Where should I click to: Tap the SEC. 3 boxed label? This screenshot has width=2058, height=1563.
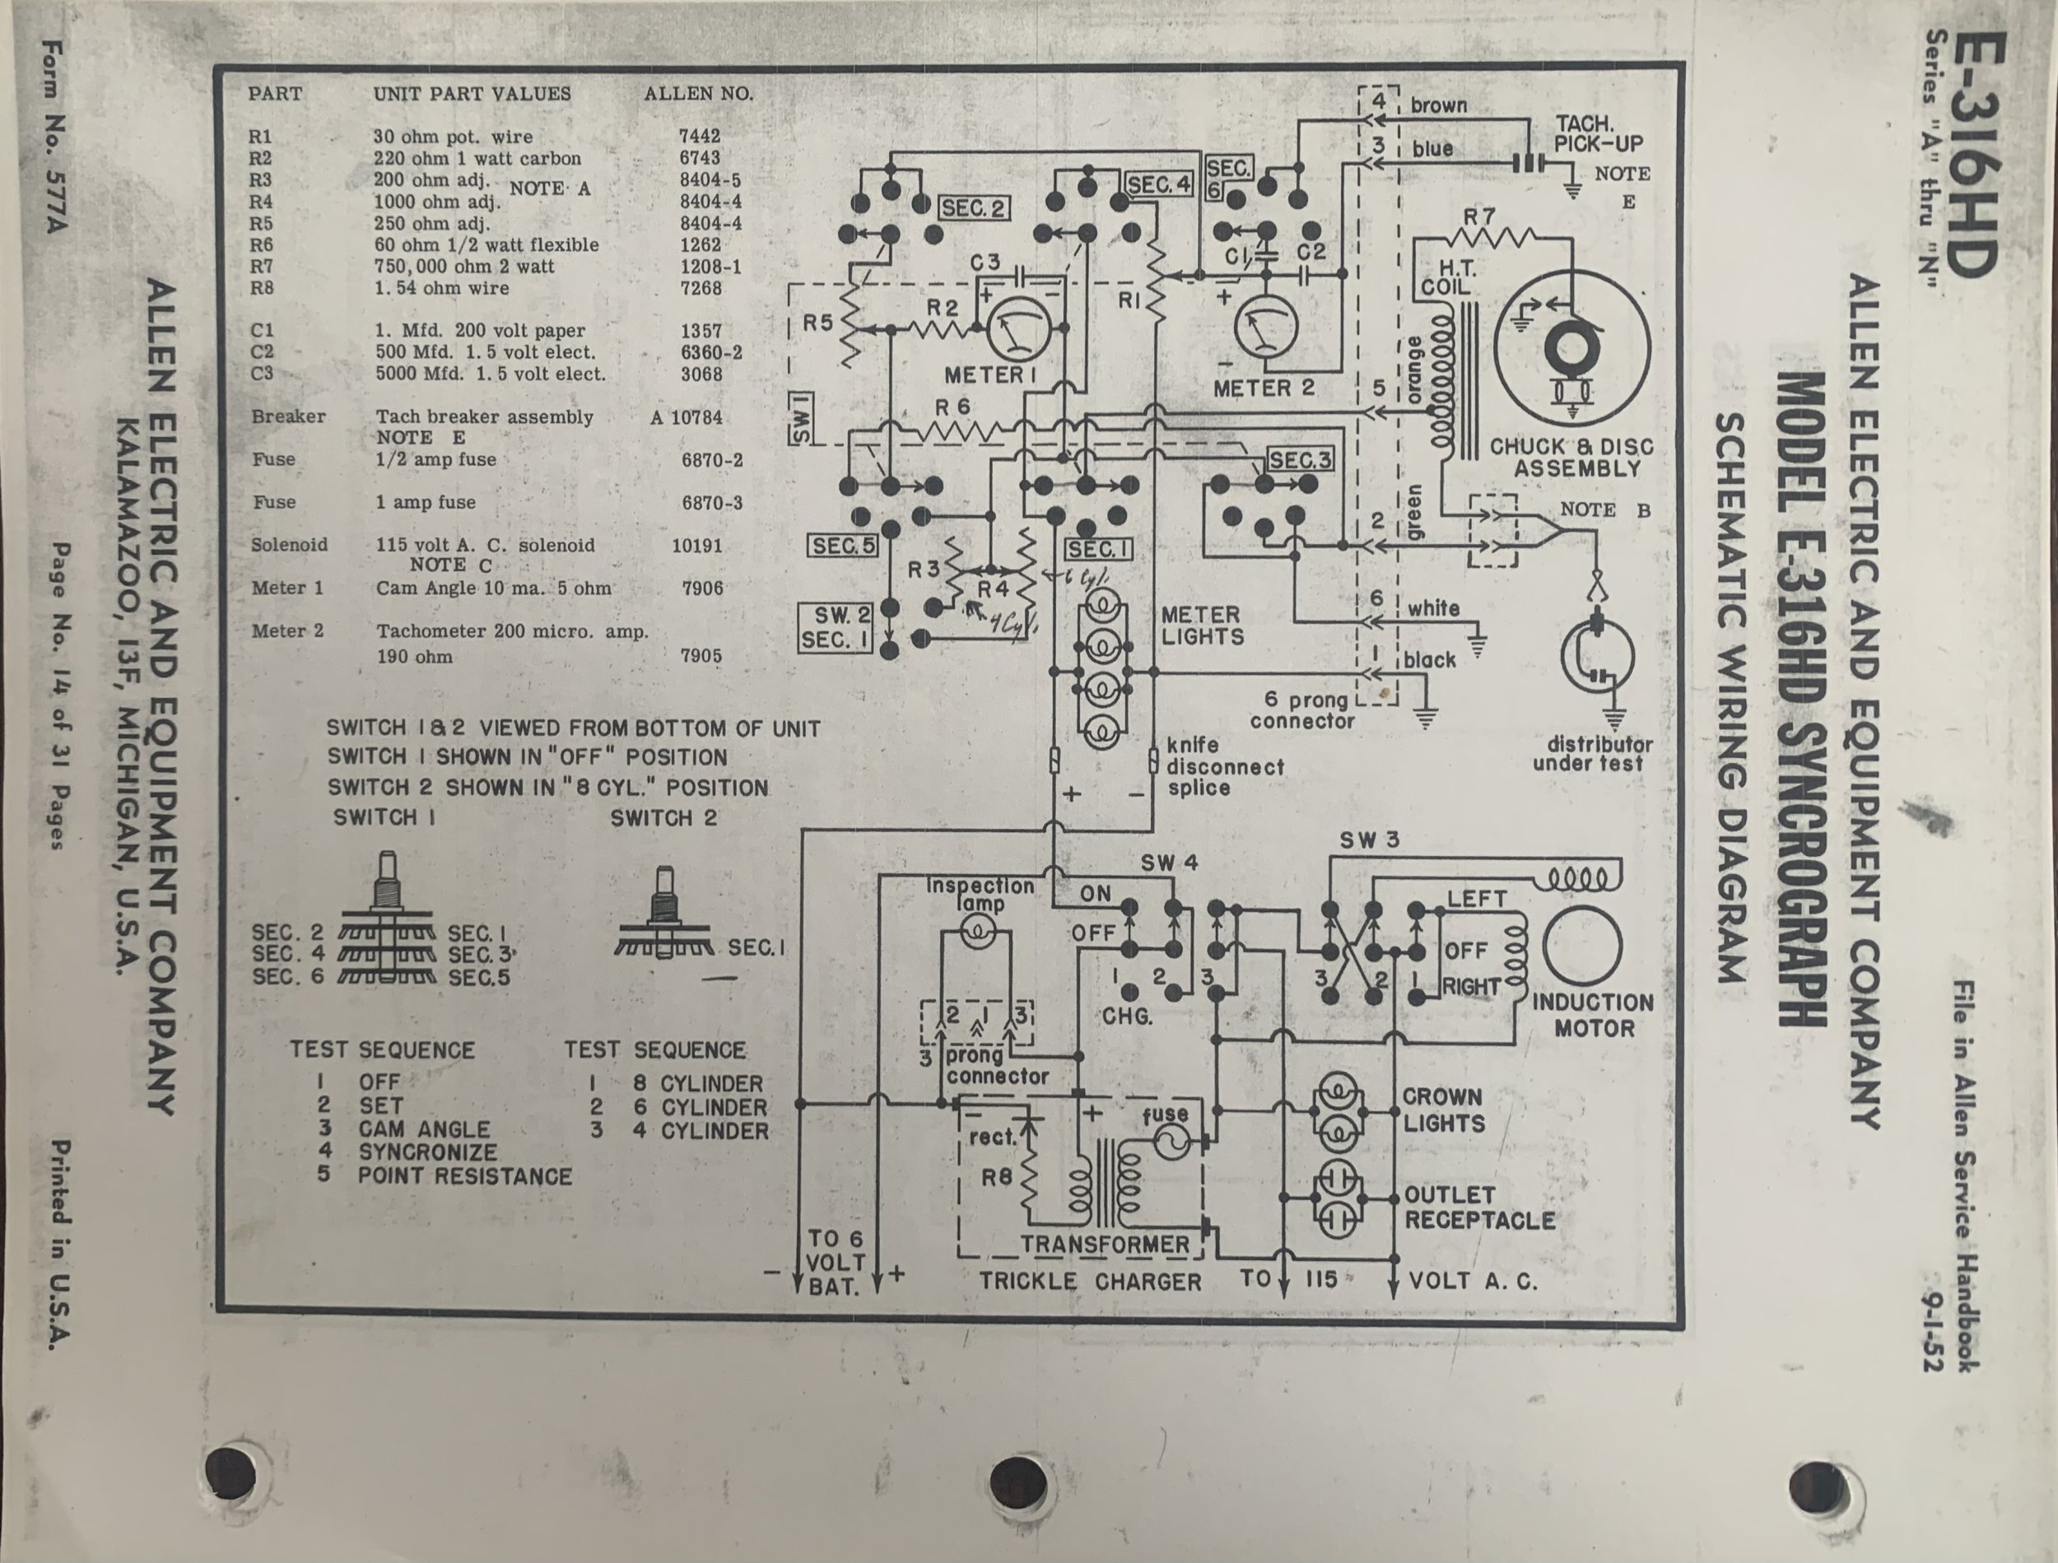(1301, 459)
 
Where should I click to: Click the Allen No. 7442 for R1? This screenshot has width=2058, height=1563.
(700, 137)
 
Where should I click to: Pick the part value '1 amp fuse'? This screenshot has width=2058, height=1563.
(426, 502)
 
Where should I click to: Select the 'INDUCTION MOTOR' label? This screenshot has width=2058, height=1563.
(1593, 1016)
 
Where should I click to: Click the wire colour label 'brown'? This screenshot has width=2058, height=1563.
(1438, 105)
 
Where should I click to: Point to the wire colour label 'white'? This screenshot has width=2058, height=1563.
(1433, 608)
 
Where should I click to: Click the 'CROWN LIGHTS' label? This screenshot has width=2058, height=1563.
(1443, 1110)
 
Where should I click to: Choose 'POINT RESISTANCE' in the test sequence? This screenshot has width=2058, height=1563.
(464, 1176)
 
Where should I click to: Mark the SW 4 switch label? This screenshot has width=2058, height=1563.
(1170, 863)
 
